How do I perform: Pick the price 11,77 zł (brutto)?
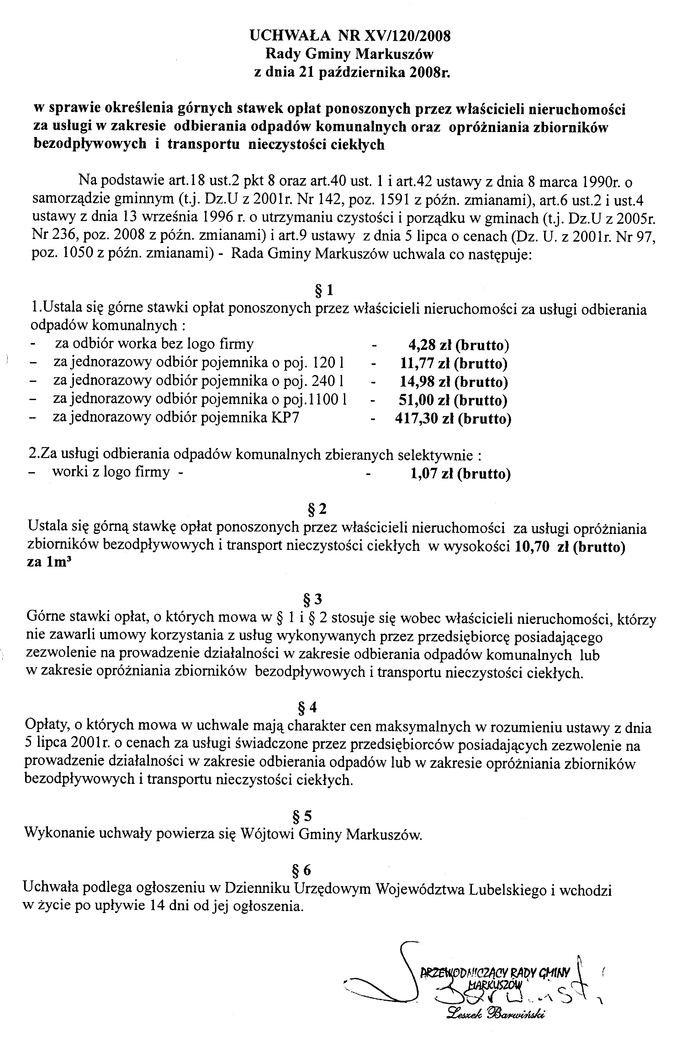click(x=454, y=364)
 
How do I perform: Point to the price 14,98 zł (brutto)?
click(x=454, y=382)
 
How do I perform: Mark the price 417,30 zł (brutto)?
click(x=453, y=419)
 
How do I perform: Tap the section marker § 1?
click(x=325, y=290)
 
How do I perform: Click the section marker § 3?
click(x=313, y=599)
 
